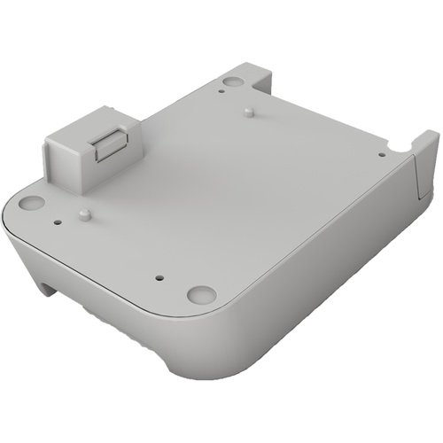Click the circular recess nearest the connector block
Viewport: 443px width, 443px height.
point(31,202)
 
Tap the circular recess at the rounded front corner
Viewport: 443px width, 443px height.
point(201,293)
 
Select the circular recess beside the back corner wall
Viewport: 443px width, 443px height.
point(232,82)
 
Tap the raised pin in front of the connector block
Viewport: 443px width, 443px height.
point(83,214)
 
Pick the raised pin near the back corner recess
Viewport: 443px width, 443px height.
point(249,112)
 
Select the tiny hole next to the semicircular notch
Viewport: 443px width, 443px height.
point(381,154)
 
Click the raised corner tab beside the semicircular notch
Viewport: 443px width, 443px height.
point(424,146)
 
